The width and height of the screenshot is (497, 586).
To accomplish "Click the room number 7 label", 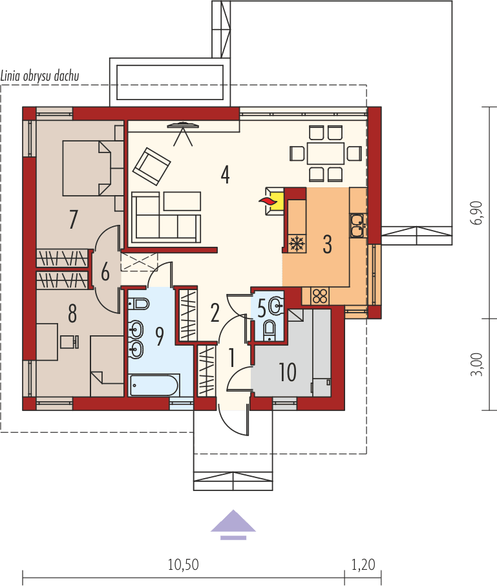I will [73, 220].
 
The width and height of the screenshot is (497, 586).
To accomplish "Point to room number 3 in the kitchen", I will [327, 245].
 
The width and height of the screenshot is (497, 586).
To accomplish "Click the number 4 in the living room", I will [225, 174].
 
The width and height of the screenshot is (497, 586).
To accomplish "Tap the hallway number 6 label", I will [105, 272].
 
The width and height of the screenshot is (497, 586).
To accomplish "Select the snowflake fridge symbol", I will [297, 244].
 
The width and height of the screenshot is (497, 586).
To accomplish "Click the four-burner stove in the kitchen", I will [320, 296].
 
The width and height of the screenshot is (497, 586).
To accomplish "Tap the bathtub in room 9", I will [154, 386].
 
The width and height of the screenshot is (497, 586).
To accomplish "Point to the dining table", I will [326, 154].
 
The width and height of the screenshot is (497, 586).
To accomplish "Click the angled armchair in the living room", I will [152, 167].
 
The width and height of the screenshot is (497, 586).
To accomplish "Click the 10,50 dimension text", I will [183, 565].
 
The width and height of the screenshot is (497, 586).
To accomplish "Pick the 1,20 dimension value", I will [363, 565].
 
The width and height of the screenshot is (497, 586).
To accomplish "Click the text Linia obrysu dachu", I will [40, 76].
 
